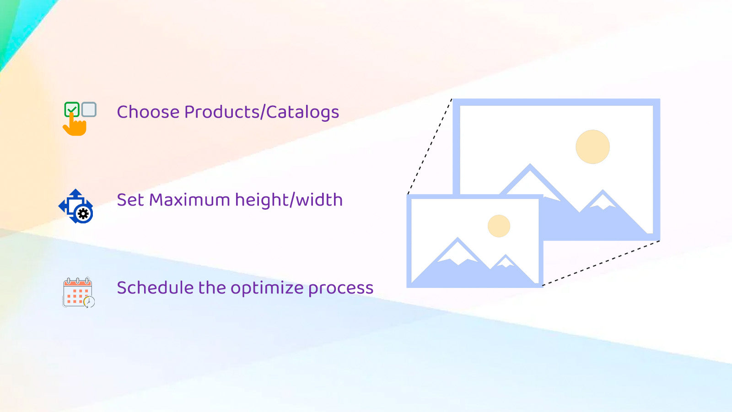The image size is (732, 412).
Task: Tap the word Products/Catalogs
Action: pyautogui.click(x=262, y=112)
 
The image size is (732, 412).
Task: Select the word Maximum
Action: pyautogui.click(x=189, y=200)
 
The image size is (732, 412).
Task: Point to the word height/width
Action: pyautogui.click(x=289, y=200)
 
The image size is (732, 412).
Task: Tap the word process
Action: pyautogui.click(x=341, y=289)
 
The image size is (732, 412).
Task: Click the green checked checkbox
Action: pyautogui.click(x=72, y=109)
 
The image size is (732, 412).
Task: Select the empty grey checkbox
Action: pyautogui.click(x=89, y=109)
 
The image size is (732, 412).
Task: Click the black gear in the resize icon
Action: pyautogui.click(x=84, y=214)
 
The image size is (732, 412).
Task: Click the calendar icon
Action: pyautogui.click(x=78, y=293)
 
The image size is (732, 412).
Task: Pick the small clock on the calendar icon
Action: pyautogui.click(x=89, y=302)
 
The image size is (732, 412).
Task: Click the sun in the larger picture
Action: pyautogui.click(x=592, y=147)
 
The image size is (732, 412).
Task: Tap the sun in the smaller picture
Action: pyautogui.click(x=499, y=226)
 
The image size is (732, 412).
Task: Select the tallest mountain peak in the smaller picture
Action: pyautogui.click(x=457, y=239)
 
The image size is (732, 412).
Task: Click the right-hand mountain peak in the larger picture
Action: pyautogui.click(x=603, y=192)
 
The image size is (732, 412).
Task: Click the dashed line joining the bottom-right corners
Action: pyautogui.click(x=601, y=263)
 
